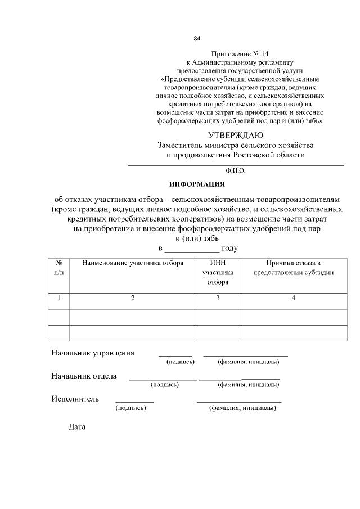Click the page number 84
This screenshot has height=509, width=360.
197,39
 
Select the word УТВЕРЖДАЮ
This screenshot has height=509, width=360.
235,135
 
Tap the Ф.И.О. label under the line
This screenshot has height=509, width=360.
235,170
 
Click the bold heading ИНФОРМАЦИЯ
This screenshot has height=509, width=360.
197,184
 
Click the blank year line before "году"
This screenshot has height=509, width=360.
192,249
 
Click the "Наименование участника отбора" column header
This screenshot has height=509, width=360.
133,263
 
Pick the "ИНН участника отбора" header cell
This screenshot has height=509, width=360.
218,273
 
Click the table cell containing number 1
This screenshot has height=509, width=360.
58,298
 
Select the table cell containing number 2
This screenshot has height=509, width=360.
133,298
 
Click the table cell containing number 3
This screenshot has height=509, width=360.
218,298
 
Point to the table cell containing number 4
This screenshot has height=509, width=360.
293,298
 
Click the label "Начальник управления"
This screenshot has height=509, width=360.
93,353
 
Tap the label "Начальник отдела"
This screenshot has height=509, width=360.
84,376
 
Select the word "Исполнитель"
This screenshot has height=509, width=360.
75,399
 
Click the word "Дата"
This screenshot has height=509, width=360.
76,427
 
